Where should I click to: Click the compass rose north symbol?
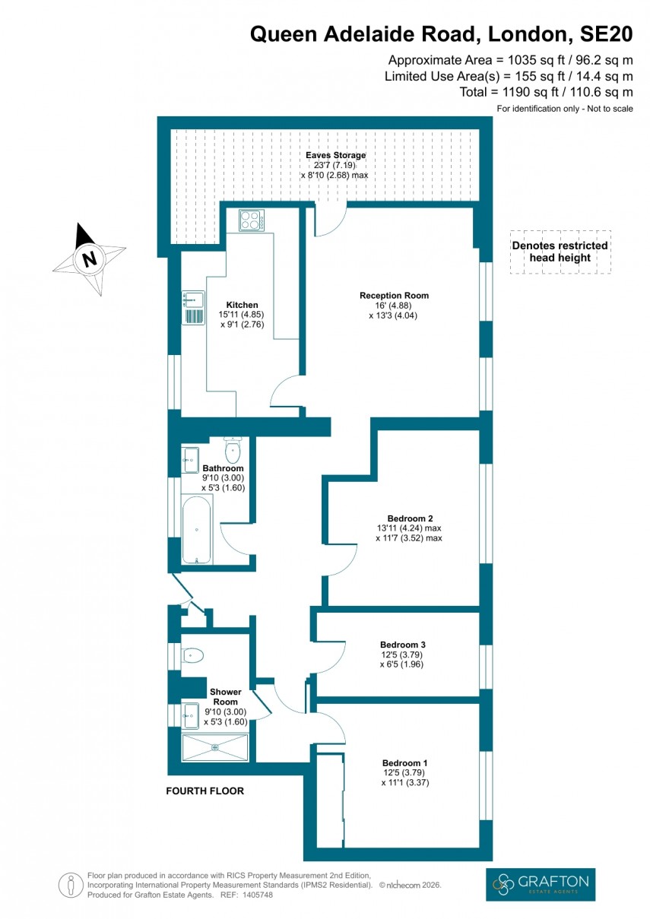90,258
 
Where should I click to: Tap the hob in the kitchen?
251,220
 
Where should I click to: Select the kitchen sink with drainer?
193,308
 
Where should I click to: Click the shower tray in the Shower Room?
215,746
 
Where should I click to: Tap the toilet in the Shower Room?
192,654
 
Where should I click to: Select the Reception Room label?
394,296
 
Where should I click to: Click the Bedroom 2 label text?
408,518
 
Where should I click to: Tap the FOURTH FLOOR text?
205,791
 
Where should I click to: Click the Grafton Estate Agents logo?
540,884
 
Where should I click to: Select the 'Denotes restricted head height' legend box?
560,252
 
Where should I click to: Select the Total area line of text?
546,92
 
